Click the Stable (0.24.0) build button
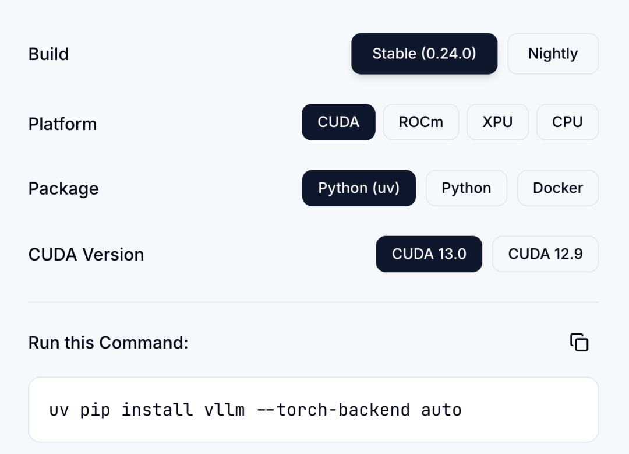coord(425,54)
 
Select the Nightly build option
coord(553,54)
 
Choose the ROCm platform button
coord(421,122)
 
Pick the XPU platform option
coord(497,122)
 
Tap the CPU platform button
coord(567,122)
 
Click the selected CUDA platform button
coord(338,122)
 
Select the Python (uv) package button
coord(359,188)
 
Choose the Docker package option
coord(558,188)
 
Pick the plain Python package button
coord(466,188)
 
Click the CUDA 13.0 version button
coord(429,254)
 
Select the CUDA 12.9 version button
coord(545,254)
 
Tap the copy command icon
coord(579,343)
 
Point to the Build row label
coord(48,54)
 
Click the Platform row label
coord(62,124)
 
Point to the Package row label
coord(63,189)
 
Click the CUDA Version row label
coord(86,255)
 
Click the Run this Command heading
coord(108,343)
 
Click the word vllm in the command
coord(224,410)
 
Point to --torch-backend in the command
coord(333,410)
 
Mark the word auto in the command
coord(441,410)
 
